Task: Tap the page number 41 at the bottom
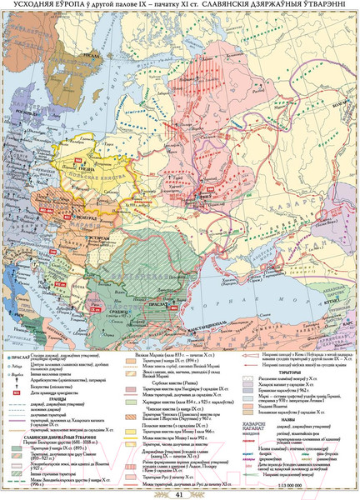coord(179,492)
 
